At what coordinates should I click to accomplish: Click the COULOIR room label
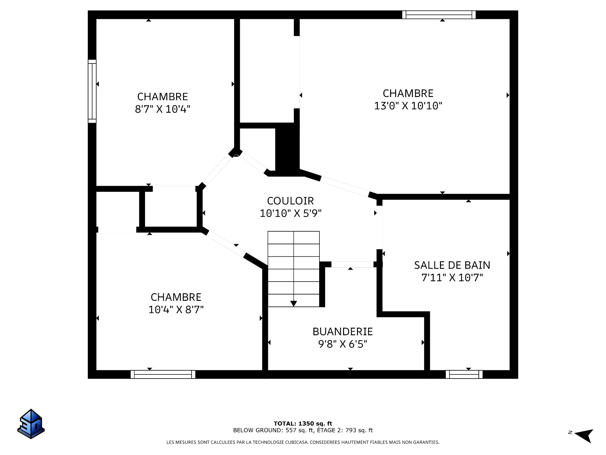tap(290, 201)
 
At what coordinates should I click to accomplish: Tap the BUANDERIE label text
tap(343, 331)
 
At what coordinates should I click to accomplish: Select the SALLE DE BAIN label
tap(452, 265)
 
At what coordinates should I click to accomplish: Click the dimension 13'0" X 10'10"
tap(408, 106)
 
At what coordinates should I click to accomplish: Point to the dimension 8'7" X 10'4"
tap(163, 109)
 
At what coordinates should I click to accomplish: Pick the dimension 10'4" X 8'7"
tap(176, 309)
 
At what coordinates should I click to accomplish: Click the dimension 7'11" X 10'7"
tap(452, 277)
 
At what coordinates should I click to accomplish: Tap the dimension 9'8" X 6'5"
tap(343, 344)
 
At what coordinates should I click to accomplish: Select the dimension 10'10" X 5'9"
tap(290, 213)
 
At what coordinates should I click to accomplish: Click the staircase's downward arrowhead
tap(294, 304)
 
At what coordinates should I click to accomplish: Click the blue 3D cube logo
tap(31, 424)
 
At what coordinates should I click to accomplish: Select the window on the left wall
tap(92, 91)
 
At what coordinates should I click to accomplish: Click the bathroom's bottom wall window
tap(464, 374)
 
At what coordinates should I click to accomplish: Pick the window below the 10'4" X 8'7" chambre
tap(163, 374)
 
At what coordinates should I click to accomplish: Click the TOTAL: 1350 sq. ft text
tap(303, 423)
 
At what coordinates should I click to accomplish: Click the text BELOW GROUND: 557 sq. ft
tap(273, 430)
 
